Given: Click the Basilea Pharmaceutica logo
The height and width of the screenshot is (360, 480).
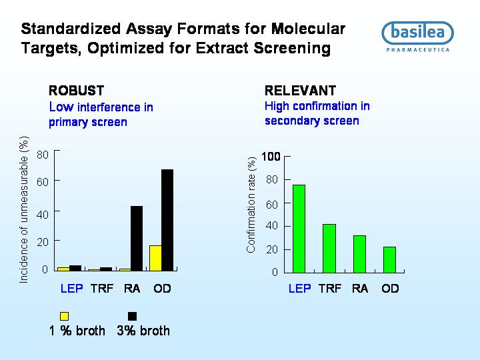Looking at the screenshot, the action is point(417,37).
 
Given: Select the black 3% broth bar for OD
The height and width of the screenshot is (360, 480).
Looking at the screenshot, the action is point(167,220).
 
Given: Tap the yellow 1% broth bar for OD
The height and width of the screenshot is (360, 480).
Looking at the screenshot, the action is point(155,258).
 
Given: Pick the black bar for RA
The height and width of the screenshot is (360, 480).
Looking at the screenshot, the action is point(137,239).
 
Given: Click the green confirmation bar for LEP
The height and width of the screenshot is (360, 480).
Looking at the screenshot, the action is point(299,229).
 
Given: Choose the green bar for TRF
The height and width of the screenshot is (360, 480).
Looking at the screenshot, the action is point(329,248).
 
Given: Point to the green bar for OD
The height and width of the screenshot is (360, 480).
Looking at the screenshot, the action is point(389,259).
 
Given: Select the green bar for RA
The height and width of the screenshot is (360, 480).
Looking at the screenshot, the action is point(359,254).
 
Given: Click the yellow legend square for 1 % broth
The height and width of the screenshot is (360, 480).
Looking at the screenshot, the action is point(64,316).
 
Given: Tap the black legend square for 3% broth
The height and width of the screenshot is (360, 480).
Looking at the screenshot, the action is point(132,316).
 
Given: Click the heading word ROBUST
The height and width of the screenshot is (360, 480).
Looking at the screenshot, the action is point(76,91).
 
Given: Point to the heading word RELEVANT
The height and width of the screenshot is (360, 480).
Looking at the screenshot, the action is point(300,91).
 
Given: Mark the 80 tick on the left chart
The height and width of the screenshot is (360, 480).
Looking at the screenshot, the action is point(43,155).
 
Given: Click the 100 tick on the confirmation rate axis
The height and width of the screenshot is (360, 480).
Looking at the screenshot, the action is point(271,157).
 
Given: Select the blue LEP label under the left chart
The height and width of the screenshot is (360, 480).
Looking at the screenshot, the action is point(71,289).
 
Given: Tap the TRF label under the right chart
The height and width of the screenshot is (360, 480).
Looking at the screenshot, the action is point(330,289).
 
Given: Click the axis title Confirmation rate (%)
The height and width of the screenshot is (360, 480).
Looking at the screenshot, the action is point(251,205).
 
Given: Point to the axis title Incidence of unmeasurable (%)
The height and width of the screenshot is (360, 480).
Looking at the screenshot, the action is point(24,210).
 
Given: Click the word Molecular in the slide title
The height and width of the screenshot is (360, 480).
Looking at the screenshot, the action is point(308,29).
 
